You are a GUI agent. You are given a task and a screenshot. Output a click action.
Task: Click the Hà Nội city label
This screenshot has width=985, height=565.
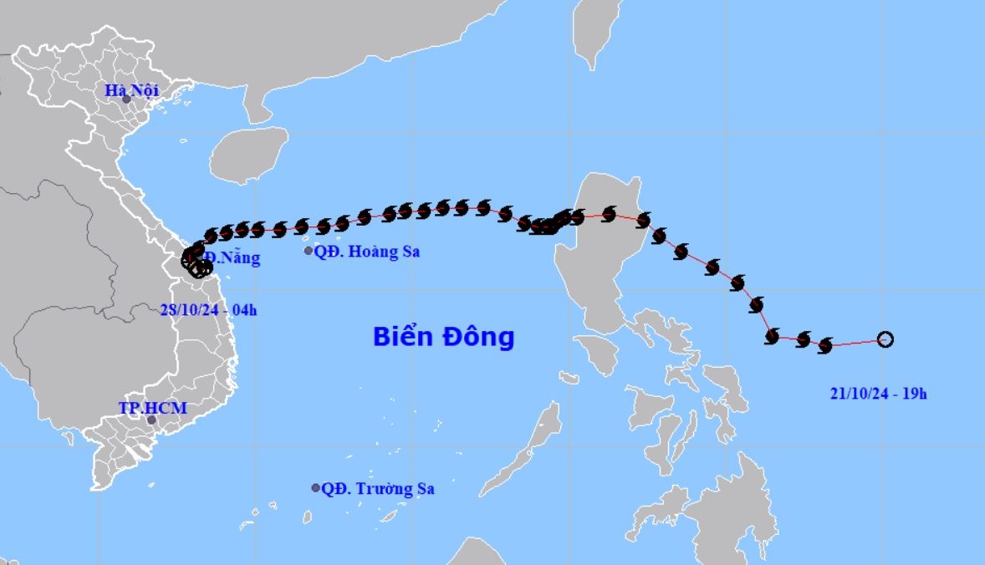(132, 90)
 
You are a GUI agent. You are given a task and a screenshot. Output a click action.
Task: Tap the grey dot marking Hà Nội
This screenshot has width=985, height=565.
(126, 99)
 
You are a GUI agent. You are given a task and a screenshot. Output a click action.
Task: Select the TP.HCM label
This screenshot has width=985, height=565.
(152, 408)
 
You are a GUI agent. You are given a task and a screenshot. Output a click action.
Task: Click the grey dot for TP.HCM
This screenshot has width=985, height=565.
(151, 420)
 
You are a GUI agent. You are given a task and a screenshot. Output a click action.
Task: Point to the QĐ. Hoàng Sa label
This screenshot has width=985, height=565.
(366, 251)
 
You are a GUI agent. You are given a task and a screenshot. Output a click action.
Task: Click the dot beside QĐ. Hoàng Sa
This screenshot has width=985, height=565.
(309, 251)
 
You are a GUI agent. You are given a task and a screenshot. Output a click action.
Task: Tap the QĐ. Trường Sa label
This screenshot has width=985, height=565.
(378, 489)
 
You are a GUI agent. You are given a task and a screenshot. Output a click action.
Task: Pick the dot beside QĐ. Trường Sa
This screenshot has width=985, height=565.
(316, 488)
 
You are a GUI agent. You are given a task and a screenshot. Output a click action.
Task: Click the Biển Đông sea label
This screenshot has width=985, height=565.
(443, 337)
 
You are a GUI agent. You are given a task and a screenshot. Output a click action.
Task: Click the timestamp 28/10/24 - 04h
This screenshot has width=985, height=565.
(208, 310)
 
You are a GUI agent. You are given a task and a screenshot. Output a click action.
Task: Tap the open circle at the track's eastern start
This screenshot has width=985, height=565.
(885, 339)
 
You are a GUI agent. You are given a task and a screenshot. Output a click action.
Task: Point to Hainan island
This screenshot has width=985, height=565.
(248, 154)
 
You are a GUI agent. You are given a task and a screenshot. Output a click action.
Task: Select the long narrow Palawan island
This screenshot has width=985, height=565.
(532, 441)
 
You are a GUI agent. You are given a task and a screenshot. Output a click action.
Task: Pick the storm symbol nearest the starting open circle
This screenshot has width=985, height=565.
(826, 344)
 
